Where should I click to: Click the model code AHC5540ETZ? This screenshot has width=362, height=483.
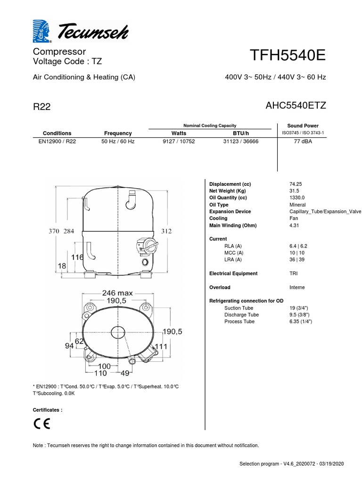coord(296,106)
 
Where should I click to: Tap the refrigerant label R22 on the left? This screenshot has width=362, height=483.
coord(41,107)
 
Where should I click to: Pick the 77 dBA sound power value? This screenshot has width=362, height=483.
coord(303,142)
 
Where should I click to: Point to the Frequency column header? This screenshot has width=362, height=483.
coord(118,133)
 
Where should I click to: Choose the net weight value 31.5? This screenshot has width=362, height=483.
coord(294,191)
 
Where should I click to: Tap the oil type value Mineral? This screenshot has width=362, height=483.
coord(297,205)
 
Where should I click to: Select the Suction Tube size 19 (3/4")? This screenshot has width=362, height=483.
coord(301,308)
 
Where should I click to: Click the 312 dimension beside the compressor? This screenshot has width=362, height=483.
coord(166,231)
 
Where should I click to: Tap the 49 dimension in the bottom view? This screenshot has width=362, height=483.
coord(125,374)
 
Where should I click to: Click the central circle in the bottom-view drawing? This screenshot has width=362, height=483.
coord(115,332)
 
